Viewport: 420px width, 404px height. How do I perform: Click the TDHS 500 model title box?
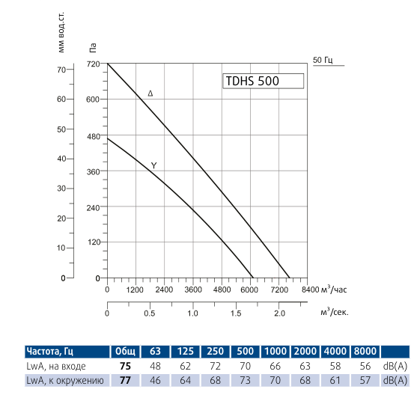(264, 82)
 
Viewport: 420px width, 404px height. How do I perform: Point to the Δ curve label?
(150, 94)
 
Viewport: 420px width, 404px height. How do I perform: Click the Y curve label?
(153, 165)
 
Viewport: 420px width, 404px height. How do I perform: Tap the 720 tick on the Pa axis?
(93, 64)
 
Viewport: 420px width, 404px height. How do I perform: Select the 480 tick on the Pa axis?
(93, 136)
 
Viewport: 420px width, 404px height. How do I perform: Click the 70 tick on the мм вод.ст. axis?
(62, 70)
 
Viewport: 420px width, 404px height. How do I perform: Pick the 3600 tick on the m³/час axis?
(193, 290)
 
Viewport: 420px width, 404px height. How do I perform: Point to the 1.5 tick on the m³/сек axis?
(237, 314)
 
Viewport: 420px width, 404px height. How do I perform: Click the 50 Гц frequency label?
(322, 60)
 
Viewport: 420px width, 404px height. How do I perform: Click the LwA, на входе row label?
(56, 367)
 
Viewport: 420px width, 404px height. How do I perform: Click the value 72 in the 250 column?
(214, 367)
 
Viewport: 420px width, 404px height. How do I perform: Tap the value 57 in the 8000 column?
(365, 381)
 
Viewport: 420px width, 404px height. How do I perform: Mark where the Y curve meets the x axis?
(253, 278)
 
